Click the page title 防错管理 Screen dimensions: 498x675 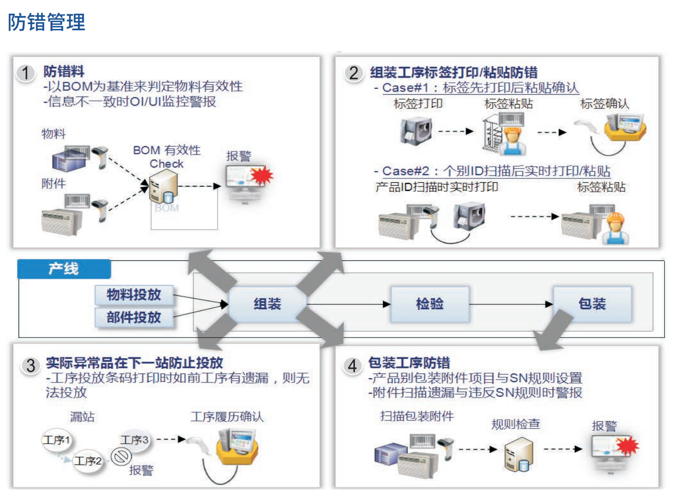point(46,22)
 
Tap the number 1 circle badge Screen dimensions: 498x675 point(26,73)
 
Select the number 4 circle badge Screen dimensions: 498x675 point(352,365)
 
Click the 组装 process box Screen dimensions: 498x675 point(267,304)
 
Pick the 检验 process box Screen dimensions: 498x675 point(430,304)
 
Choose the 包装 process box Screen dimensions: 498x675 point(592,304)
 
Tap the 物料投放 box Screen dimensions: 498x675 point(134,295)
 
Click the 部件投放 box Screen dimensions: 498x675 point(134,318)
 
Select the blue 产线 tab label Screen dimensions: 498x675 point(64,269)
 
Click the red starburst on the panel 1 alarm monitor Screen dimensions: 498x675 point(262,175)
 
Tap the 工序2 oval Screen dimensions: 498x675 point(88,461)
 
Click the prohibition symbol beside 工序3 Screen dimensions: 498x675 point(121,456)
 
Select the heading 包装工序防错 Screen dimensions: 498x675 point(409,363)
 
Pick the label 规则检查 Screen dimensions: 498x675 point(515,424)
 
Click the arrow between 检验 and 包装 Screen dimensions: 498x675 point(511,304)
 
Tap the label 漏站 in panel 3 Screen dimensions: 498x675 point(82,417)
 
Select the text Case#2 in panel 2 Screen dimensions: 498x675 point(406,171)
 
